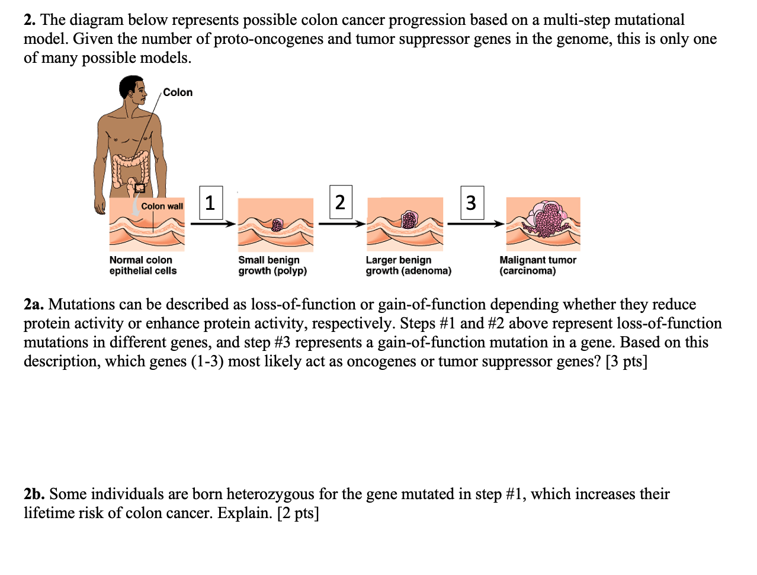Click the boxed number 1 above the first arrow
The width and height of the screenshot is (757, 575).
(x=210, y=203)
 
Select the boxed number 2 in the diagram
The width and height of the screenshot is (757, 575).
(x=340, y=202)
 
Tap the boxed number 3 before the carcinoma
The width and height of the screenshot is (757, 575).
(x=471, y=203)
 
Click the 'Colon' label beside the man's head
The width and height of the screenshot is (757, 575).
(x=178, y=92)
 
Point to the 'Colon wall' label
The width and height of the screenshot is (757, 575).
(x=162, y=206)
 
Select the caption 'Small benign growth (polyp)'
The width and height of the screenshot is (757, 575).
(x=272, y=265)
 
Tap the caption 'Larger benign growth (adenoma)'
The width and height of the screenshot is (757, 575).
(x=408, y=265)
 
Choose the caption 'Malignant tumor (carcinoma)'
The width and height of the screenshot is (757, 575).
(x=537, y=265)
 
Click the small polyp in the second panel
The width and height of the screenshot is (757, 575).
(x=277, y=225)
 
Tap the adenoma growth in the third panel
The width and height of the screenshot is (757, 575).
(x=409, y=220)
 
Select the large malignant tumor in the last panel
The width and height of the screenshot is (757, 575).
(x=548, y=218)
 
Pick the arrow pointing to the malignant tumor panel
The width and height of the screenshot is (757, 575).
(x=476, y=224)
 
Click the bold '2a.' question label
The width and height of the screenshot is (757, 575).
(x=34, y=304)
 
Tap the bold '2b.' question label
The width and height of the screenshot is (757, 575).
(x=34, y=494)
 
